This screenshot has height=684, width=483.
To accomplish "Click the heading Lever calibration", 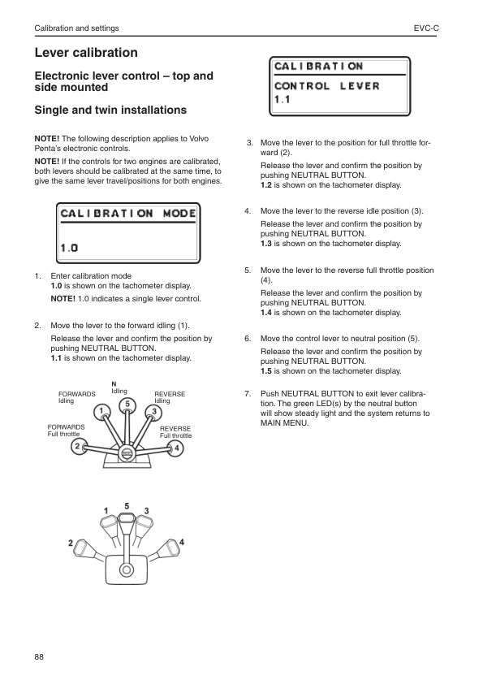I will click(x=85, y=53).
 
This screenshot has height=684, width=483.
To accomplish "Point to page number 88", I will click(x=40, y=656).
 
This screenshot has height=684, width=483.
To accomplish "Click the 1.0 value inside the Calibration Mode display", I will click(x=69, y=247).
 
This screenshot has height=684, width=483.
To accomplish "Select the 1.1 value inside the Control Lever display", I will click(x=282, y=101).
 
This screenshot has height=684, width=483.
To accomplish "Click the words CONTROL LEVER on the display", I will click(x=326, y=86).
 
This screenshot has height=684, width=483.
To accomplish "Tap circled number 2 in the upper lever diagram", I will click(x=77, y=446).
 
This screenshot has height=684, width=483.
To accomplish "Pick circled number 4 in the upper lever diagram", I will click(x=177, y=448).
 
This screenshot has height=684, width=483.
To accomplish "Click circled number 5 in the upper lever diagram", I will click(x=127, y=404).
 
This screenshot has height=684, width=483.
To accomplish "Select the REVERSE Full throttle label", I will click(x=175, y=431).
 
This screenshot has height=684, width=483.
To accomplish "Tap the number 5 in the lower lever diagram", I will click(x=127, y=505).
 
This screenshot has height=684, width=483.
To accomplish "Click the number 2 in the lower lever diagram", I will click(x=71, y=542).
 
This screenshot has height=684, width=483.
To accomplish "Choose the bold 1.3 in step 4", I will click(x=265, y=243).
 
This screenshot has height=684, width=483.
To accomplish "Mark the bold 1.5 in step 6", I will click(x=265, y=370).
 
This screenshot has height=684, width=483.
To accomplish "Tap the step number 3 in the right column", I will click(x=249, y=143).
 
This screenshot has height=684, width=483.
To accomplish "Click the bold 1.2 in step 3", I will click(x=265, y=184).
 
